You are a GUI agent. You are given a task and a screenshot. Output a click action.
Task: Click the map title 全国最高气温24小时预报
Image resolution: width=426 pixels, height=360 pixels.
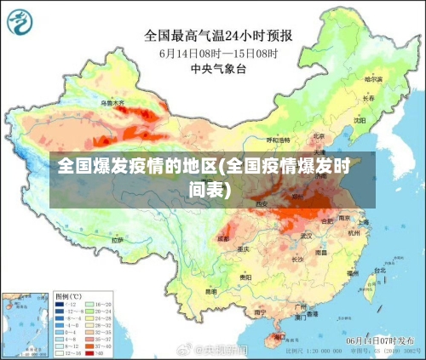(x=218, y=36)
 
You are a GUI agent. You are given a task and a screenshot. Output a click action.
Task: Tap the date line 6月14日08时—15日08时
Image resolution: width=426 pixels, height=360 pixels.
(x=219, y=53)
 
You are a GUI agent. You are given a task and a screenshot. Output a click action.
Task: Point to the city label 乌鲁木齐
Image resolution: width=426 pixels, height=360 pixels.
(x=112, y=102)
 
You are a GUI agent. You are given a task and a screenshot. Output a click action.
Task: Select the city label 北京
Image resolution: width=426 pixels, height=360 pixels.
(x=318, y=135)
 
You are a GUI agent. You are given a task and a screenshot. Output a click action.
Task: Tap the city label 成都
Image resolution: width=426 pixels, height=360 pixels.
(x=223, y=238)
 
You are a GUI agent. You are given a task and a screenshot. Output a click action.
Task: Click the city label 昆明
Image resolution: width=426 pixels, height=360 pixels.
(x=210, y=291)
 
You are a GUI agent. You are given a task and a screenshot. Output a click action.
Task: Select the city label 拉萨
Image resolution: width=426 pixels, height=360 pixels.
(x=117, y=240)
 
